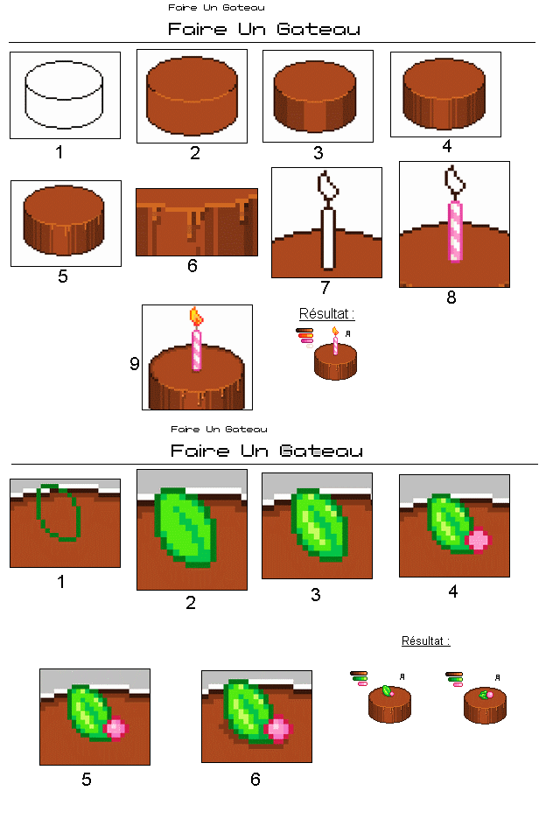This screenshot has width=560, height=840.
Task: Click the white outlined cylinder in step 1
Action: pos(65,94)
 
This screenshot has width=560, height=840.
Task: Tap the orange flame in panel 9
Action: pos(196,317)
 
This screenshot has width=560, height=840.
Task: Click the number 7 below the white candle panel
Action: pos(325,288)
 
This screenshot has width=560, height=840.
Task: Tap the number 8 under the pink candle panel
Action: pos(451,297)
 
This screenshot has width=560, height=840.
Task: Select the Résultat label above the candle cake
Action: pos(327,313)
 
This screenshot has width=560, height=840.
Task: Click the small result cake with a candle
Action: pos(335,359)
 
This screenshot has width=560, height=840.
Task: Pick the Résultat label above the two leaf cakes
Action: pos(426,640)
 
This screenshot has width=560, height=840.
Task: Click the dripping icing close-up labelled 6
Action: pos(197,222)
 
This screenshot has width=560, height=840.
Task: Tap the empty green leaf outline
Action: pos(59,514)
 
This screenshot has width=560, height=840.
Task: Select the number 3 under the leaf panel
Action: pos(316,595)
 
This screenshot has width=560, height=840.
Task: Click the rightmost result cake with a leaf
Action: pos(485,704)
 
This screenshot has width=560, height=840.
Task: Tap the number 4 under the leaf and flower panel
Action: pos(453,591)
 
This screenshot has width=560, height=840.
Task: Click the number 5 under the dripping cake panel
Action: pos(62,276)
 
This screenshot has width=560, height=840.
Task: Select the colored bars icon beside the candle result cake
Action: pos(305,337)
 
